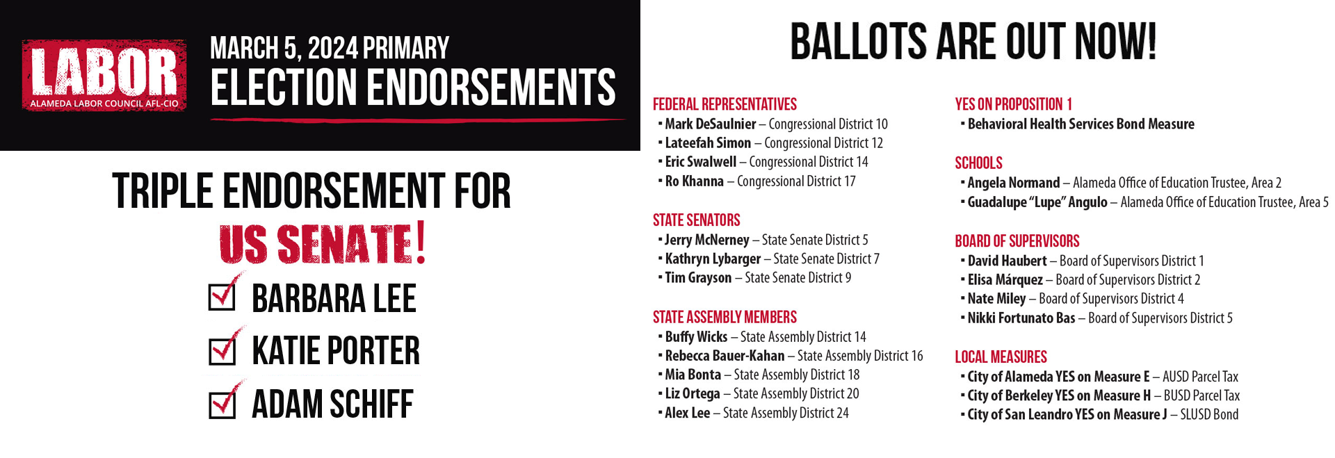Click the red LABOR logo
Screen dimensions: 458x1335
pyautogui.click(x=104, y=75)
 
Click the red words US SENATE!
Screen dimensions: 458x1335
pyautogui.click(x=323, y=244)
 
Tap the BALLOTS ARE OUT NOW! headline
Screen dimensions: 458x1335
pyautogui.click(x=973, y=42)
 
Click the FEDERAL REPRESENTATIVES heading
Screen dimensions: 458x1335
pyautogui.click(x=725, y=104)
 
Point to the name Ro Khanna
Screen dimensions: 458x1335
pyautogui.click(x=694, y=181)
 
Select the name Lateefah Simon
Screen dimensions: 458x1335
pyautogui.click(x=708, y=143)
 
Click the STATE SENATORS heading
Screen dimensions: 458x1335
pyautogui.click(x=696, y=220)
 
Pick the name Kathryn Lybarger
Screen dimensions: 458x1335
pyautogui.click(x=713, y=259)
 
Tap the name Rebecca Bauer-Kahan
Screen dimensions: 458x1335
pyautogui.click(x=725, y=356)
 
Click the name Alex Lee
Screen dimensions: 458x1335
pyautogui.click(x=687, y=413)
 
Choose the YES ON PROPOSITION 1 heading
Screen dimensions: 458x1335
pyautogui.click(x=1013, y=104)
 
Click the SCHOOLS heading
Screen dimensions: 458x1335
pyautogui.click(x=978, y=163)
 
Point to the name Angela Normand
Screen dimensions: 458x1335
pyautogui.click(x=1013, y=183)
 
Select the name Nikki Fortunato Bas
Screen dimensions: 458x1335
pyautogui.click(x=1021, y=318)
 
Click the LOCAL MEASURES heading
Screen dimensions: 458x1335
pyautogui.click(x=1001, y=357)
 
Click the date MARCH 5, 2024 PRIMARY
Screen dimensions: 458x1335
pyautogui.click(x=330, y=48)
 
